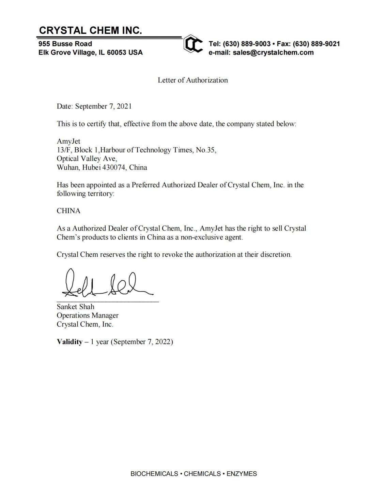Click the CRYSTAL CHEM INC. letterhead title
pos(90,30)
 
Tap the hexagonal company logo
pos(193,44)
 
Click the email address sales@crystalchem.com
pos(273,53)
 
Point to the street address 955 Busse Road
pos(65,44)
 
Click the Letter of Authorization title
pos(192,80)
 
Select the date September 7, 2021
pos(103,106)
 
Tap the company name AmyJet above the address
pos(68,141)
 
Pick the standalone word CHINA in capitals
pos(68,211)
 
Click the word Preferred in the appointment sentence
pos(145,185)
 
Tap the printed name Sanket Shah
pos(75,307)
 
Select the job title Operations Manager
pos(88,315)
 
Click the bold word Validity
pos(70,342)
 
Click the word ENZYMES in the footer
pos(242,474)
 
